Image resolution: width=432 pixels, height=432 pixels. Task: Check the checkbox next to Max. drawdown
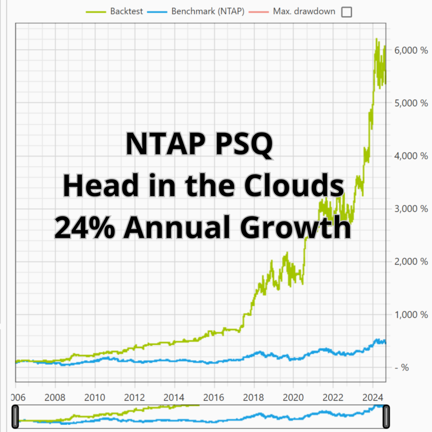click(x=346, y=12)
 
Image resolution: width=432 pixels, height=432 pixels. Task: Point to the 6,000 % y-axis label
click(x=411, y=50)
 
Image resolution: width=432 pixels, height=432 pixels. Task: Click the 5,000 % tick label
click(x=411, y=103)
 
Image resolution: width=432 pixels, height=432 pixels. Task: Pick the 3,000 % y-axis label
click(x=411, y=209)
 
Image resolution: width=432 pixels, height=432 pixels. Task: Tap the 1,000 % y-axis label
click(x=411, y=315)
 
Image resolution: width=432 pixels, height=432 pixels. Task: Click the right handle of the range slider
click(x=386, y=417)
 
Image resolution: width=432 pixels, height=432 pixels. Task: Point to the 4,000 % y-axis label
click(x=411, y=156)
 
